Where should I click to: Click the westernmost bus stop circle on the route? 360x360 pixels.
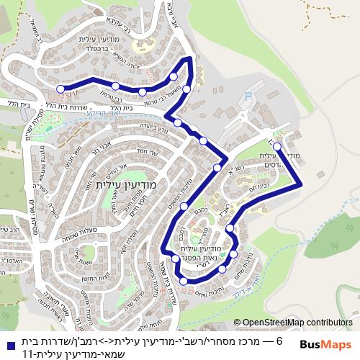60,89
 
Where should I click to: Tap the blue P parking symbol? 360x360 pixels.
249,94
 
